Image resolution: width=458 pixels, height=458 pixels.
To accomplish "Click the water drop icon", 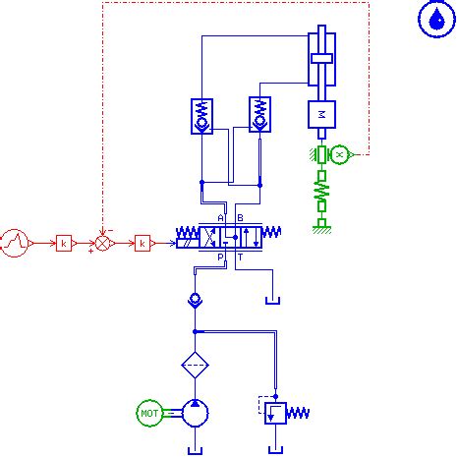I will pos(433,19).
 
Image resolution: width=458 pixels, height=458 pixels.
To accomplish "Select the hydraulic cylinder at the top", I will pos(322,61).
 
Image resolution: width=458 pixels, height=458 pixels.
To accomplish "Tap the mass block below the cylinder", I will pos(322,114).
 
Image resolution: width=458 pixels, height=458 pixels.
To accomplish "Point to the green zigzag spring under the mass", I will pos(321,191).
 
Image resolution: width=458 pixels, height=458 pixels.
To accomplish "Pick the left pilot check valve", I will pos(201,117).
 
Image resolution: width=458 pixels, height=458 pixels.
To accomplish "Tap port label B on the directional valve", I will pos(240,217).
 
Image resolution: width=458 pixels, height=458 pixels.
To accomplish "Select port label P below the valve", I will pos(220,258).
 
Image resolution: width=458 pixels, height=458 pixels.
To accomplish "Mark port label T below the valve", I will pos(240,258).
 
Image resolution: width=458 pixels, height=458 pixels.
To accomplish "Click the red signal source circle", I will pos(15,241).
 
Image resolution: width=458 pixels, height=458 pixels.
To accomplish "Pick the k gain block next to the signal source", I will pos(63,241).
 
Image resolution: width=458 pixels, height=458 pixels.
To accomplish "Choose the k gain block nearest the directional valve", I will pos(143,241).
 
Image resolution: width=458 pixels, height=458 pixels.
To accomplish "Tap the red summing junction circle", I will pos(103,241).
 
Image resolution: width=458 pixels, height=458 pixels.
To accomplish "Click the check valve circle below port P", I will pos(195,298).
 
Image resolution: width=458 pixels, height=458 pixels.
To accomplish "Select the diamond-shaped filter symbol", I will pos(195,365).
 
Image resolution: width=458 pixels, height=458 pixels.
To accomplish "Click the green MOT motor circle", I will pos(149,414).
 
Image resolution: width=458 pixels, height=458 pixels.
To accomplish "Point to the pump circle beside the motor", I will pos(195,414).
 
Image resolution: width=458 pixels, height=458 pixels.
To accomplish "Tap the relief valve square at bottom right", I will pos(276,411).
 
